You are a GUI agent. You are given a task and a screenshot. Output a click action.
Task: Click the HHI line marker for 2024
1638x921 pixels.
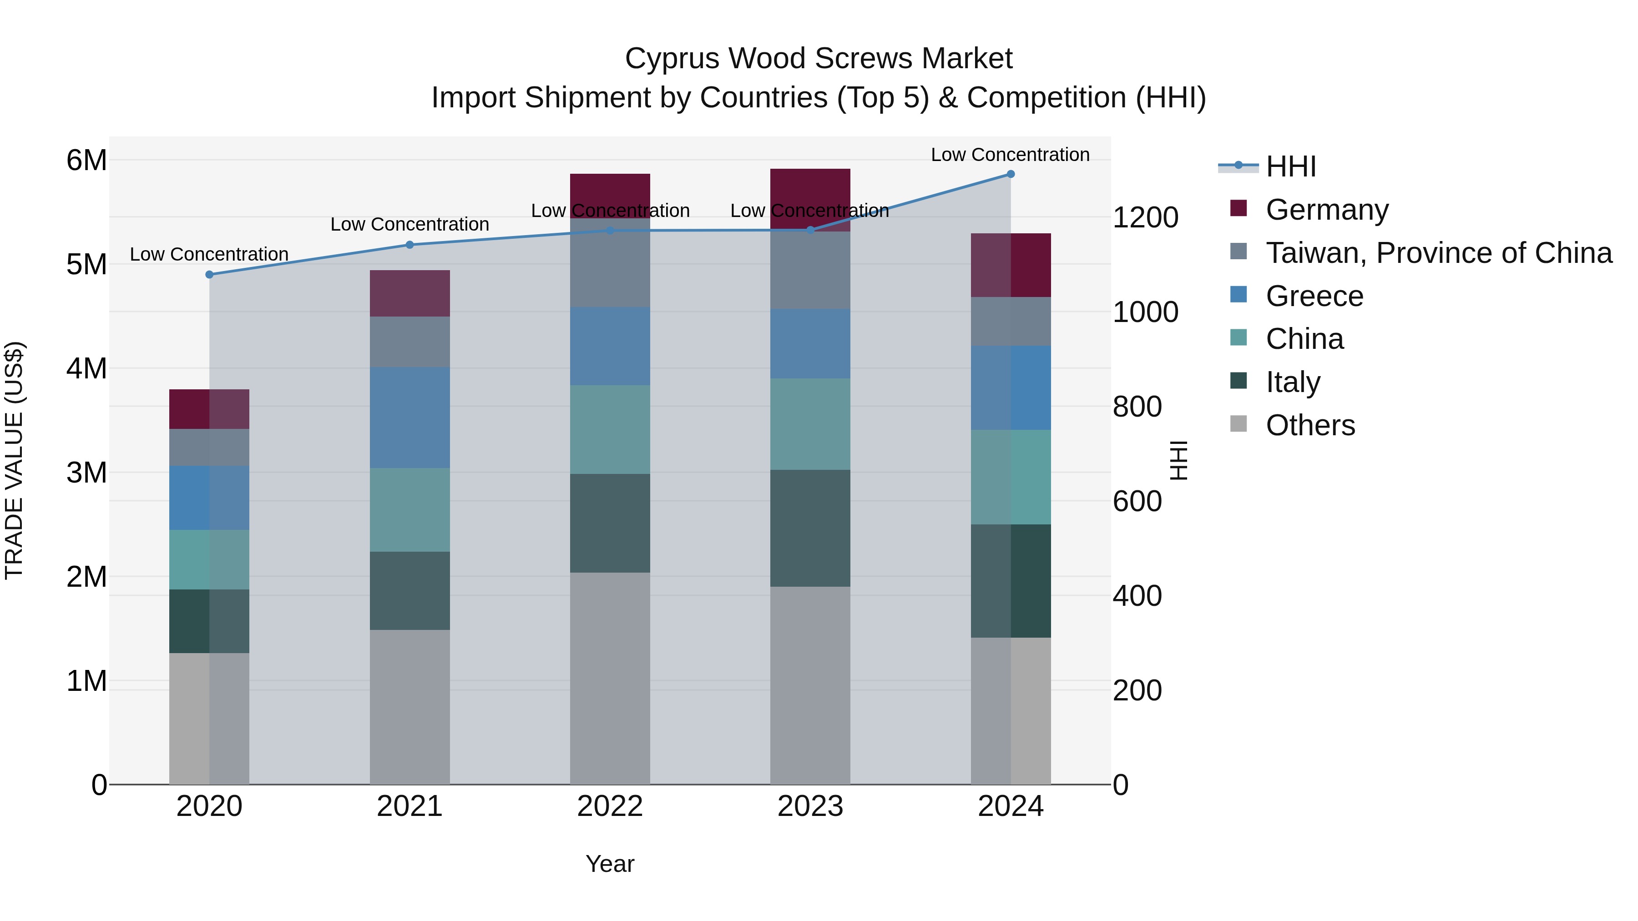click(x=1011, y=174)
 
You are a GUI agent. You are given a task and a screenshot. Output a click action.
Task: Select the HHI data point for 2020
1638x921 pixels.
click(x=209, y=275)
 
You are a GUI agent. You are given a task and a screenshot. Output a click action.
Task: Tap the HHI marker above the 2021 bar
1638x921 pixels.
click(x=409, y=245)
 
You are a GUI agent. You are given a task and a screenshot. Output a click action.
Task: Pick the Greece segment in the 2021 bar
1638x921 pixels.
click(x=409, y=418)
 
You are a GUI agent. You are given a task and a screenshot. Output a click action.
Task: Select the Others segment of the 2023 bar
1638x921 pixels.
click(x=810, y=685)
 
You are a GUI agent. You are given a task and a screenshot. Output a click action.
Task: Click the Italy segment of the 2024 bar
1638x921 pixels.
click(x=1011, y=581)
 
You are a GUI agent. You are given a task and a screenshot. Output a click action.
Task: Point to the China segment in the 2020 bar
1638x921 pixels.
click(x=209, y=559)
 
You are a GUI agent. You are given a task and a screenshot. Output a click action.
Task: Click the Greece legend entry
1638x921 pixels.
click(x=1314, y=296)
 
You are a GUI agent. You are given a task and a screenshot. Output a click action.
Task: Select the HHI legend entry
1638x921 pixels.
click(x=1290, y=166)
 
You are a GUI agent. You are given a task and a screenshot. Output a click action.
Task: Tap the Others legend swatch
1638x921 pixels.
click(x=1238, y=424)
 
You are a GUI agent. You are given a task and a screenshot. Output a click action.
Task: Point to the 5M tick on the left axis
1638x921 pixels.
click(x=86, y=264)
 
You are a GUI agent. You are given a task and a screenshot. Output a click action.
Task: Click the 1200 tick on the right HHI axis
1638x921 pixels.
click(x=1145, y=217)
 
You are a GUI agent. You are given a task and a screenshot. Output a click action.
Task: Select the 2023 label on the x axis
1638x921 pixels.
click(x=810, y=806)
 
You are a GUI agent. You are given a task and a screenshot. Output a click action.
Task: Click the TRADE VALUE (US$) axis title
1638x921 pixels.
click(x=14, y=460)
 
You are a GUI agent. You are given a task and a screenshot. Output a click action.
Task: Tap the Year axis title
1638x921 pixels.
click(x=610, y=864)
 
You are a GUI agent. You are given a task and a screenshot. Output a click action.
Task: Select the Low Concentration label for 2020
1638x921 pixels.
click(x=209, y=254)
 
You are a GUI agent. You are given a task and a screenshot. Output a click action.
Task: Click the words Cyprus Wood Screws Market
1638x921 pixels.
click(x=819, y=59)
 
